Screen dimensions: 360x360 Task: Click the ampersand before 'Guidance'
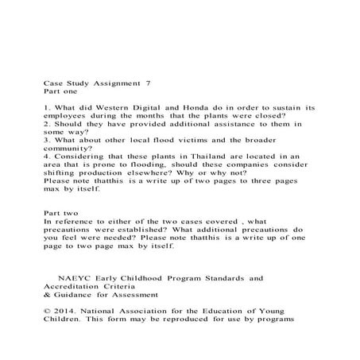46,297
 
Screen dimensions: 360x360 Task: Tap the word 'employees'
69,115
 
